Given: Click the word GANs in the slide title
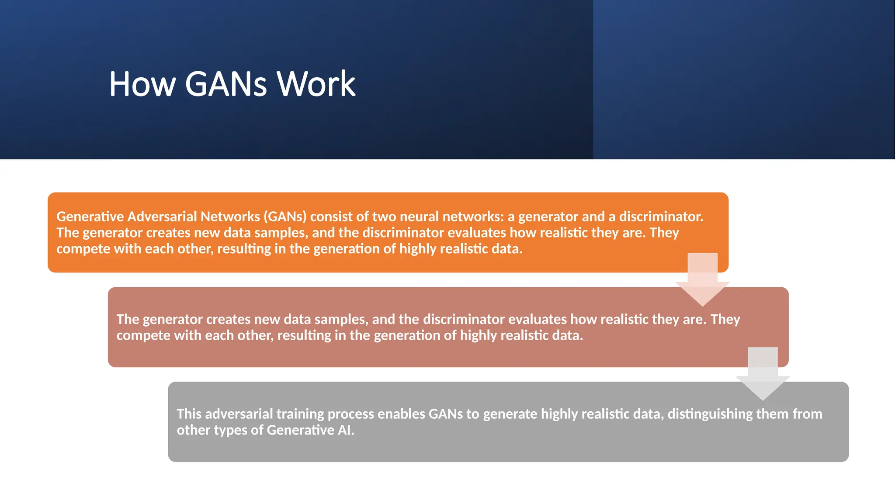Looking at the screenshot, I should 225,84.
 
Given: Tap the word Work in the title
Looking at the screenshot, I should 316,84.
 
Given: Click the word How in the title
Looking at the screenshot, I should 142,84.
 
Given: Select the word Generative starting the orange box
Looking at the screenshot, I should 90,217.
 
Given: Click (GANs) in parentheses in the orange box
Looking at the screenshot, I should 285,217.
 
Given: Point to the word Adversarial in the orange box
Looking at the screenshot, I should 162,217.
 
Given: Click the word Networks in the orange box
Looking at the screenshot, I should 230,217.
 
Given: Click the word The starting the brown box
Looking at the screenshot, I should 128,319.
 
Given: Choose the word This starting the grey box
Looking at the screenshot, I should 189,414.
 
